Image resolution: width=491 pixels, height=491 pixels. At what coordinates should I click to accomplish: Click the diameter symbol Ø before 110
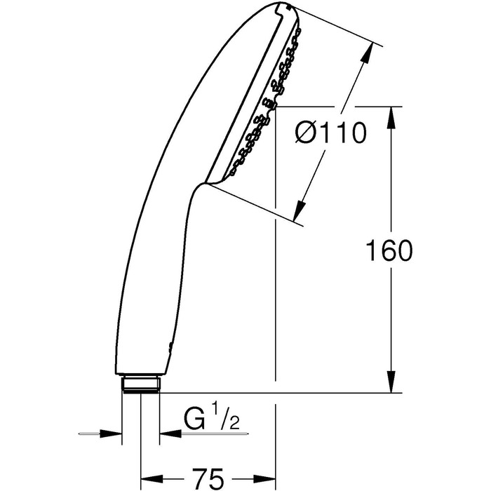[x=307, y=133]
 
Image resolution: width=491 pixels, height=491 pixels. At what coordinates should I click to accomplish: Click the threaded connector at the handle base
[x=142, y=384]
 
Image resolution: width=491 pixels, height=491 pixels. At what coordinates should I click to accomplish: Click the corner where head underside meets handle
[x=201, y=185]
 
